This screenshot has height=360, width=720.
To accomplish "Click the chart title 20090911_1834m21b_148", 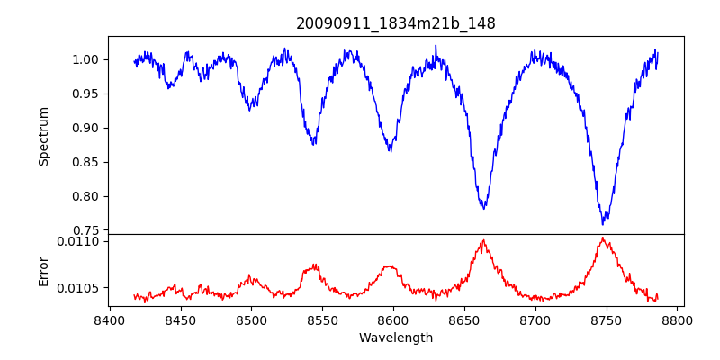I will pos(396,23).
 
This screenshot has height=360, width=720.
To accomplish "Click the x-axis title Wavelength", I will pos(396,337).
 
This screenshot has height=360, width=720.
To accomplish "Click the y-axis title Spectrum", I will pos(44,136).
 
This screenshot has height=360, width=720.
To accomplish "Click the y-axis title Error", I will pos(44,270).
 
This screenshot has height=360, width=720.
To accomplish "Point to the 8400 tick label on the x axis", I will pos(109,319).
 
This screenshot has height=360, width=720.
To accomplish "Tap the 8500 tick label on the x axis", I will pos(251,319).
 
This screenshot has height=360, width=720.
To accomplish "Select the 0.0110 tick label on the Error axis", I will pos(81,241).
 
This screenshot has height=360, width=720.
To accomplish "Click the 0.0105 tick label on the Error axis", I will pos(81,288).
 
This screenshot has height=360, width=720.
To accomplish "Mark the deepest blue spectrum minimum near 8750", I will pos(604,223).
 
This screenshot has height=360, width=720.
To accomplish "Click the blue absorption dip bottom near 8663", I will pos(484,209).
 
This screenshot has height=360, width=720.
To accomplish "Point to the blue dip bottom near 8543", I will pos(313,144).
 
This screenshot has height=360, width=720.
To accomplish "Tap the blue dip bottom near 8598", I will pos(390,150).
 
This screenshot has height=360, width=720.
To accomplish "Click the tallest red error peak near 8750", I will pos(602,238).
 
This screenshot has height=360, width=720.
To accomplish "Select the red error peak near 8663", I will pos(483,240).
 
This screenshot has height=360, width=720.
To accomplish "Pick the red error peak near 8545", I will pos(314,265).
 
